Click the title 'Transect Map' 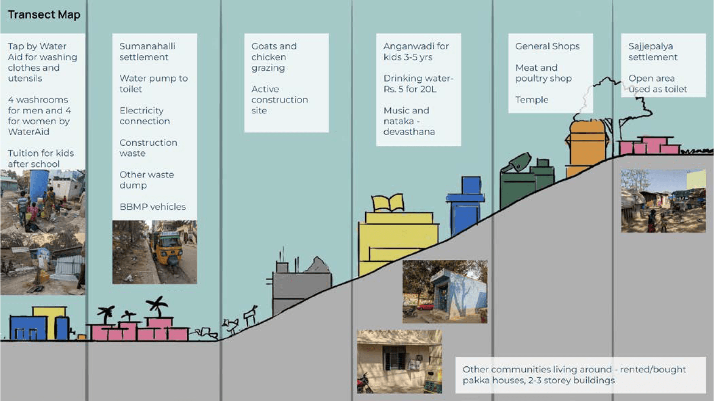pyautogui.click(x=44, y=15)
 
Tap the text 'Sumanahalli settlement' pyautogui.click(x=147, y=52)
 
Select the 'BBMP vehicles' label pyautogui.click(x=152, y=207)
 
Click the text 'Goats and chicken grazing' pyautogui.click(x=273, y=57)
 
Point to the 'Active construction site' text pyautogui.click(x=279, y=100)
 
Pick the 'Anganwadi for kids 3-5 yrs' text pyautogui.click(x=415, y=52)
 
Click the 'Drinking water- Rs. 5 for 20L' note pyautogui.click(x=418, y=84)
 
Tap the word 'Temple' pyautogui.click(x=531, y=100)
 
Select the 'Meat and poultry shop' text pyautogui.click(x=543, y=73)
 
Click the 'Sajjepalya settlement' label pyautogui.click(x=652, y=52)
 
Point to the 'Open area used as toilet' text pyautogui.click(x=657, y=84)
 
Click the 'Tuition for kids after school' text pyautogui.click(x=41, y=158)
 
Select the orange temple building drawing pyautogui.click(x=586, y=145)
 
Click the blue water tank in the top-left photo pyautogui.click(x=39, y=184)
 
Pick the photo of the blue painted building pyautogui.click(x=444, y=291)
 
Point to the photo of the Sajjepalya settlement pyautogui.click(x=663, y=201)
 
